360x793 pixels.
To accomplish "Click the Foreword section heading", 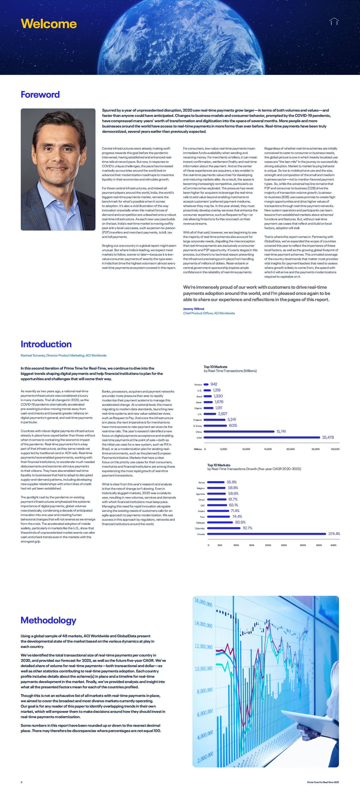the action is click(x=40, y=95).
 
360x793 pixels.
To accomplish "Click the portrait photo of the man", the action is click(x=58, y=169).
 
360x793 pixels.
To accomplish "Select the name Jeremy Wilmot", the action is click(x=194, y=309).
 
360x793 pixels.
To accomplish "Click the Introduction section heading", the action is click(x=46, y=344).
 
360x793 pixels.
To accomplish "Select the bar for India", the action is click(x=262, y=437).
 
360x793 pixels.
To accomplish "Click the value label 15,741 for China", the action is click(x=281, y=431).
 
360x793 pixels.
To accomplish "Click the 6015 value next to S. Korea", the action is click(x=233, y=425).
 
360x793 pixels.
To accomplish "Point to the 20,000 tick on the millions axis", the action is click(x=290, y=449).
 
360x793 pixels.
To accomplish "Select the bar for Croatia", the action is click(x=266, y=534).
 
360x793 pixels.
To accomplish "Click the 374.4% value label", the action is click(x=334, y=534).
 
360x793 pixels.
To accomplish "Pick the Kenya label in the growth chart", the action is click(x=201, y=482).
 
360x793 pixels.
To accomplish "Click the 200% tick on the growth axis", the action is click(x=268, y=545).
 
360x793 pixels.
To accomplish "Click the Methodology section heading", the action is click(x=48, y=620).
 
